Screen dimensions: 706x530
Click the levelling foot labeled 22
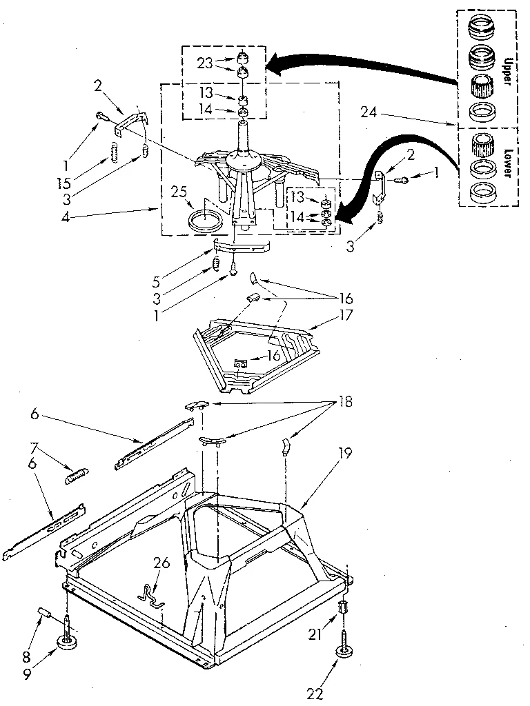click(342, 649)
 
